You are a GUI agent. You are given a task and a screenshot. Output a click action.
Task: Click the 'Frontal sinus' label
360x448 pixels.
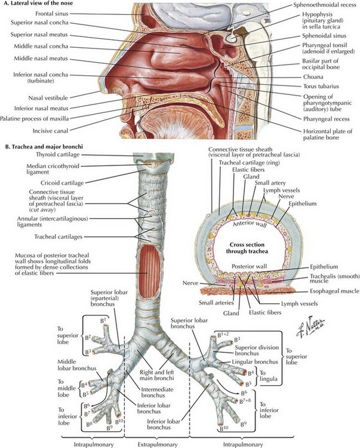[x=52, y=13]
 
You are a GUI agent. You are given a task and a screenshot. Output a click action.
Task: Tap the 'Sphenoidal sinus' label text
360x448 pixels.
[x=324, y=36]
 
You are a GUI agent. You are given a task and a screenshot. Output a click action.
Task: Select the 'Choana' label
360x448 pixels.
[x=313, y=77]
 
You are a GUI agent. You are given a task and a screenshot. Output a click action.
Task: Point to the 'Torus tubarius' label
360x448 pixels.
[x=321, y=86]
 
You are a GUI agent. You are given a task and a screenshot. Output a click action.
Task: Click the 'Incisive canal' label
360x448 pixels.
[x=50, y=131]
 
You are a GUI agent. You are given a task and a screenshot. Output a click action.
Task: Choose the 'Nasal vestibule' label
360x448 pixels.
[x=48, y=98]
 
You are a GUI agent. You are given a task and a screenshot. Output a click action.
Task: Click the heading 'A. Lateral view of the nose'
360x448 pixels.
[x=39, y=3]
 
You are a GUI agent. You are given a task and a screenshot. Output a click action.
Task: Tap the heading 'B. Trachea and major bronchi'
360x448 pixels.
[x=44, y=146]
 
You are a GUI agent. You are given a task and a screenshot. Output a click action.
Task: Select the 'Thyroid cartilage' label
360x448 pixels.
[x=58, y=155]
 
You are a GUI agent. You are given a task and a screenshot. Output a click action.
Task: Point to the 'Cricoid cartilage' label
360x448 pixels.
[x=62, y=183]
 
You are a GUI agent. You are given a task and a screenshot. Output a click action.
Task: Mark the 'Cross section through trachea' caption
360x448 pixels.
[x=247, y=248]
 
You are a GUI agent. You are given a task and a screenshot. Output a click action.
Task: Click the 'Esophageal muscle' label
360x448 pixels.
[x=334, y=291]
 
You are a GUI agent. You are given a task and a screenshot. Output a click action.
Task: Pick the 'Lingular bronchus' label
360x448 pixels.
[x=255, y=362]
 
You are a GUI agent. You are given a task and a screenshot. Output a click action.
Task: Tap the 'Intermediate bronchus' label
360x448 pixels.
[x=157, y=392]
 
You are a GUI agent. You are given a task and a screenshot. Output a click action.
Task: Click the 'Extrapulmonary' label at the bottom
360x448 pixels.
[x=157, y=444]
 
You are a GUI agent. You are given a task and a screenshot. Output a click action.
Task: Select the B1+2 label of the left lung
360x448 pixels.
[x=223, y=335]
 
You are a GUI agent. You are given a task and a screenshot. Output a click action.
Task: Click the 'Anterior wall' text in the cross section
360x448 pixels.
[x=250, y=224]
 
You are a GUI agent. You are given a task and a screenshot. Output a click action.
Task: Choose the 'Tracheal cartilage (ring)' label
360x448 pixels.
[x=249, y=162]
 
